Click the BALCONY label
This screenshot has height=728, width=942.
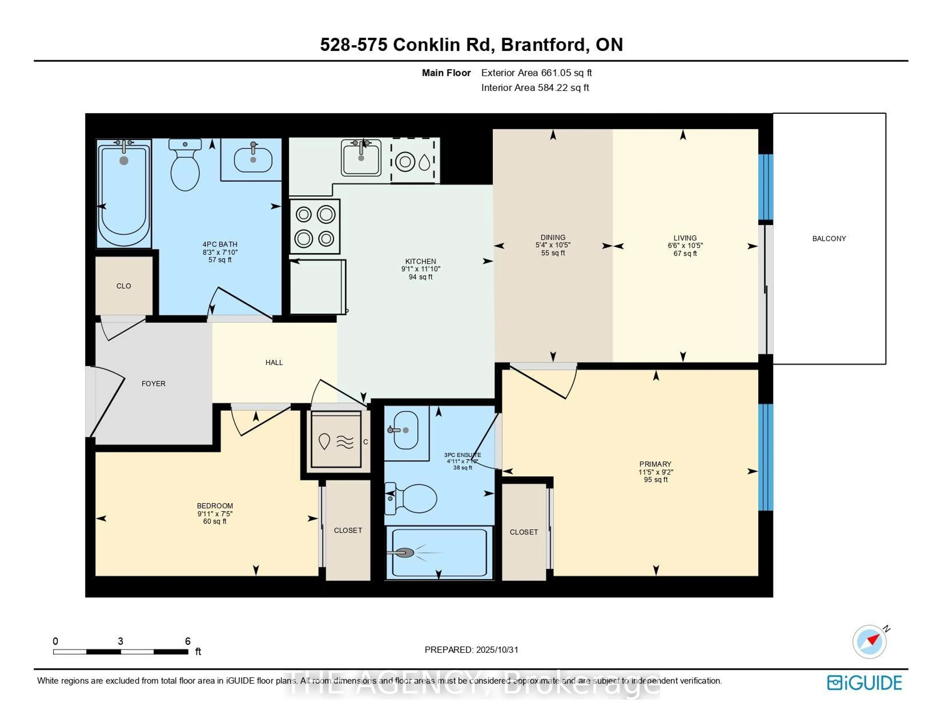pos(829,239)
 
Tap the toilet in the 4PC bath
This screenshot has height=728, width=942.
pos(185,166)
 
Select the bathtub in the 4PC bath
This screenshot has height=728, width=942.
pos(124,194)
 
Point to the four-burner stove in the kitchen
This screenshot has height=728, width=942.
pos(315,226)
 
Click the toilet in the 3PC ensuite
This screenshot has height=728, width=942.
pos(412,499)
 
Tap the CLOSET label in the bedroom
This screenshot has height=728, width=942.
pos(348,530)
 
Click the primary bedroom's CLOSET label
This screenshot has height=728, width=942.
pos(524,532)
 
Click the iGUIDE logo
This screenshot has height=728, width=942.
pos(864,683)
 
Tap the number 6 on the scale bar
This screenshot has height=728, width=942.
pos(188,641)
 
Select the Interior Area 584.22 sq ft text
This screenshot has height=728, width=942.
pos(535,88)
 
